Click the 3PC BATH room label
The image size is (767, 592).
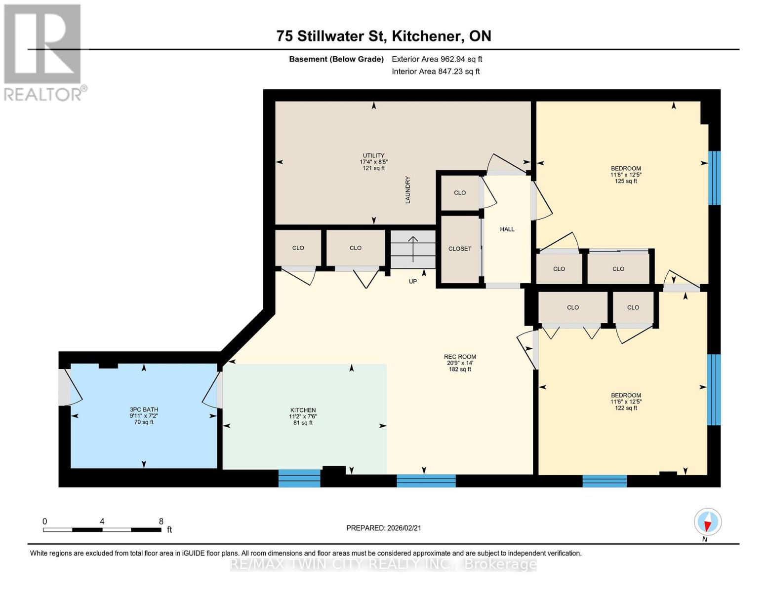tap(144, 409)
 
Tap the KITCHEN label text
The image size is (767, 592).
tap(303, 410)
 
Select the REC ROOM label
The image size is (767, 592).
tap(460, 357)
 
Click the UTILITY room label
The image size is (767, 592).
tap(373, 155)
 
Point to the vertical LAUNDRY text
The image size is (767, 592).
tap(408, 190)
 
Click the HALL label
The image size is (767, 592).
tap(507, 229)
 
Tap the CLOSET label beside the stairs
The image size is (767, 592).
tap(460, 249)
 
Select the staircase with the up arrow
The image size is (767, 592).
tap(413, 249)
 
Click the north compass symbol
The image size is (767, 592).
tap(708, 522)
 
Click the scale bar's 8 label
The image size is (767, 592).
tap(161, 521)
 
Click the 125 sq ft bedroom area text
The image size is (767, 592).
tap(626, 181)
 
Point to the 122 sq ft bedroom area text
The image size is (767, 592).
tap(626, 408)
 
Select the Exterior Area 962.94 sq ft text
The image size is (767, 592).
tap(437, 59)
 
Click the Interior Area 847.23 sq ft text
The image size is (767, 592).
tap(436, 72)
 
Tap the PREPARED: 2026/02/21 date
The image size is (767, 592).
tap(384, 528)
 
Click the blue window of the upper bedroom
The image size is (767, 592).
tap(714, 178)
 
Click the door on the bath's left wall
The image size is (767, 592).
tap(65, 387)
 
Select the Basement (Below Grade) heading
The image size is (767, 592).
tap(336, 59)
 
